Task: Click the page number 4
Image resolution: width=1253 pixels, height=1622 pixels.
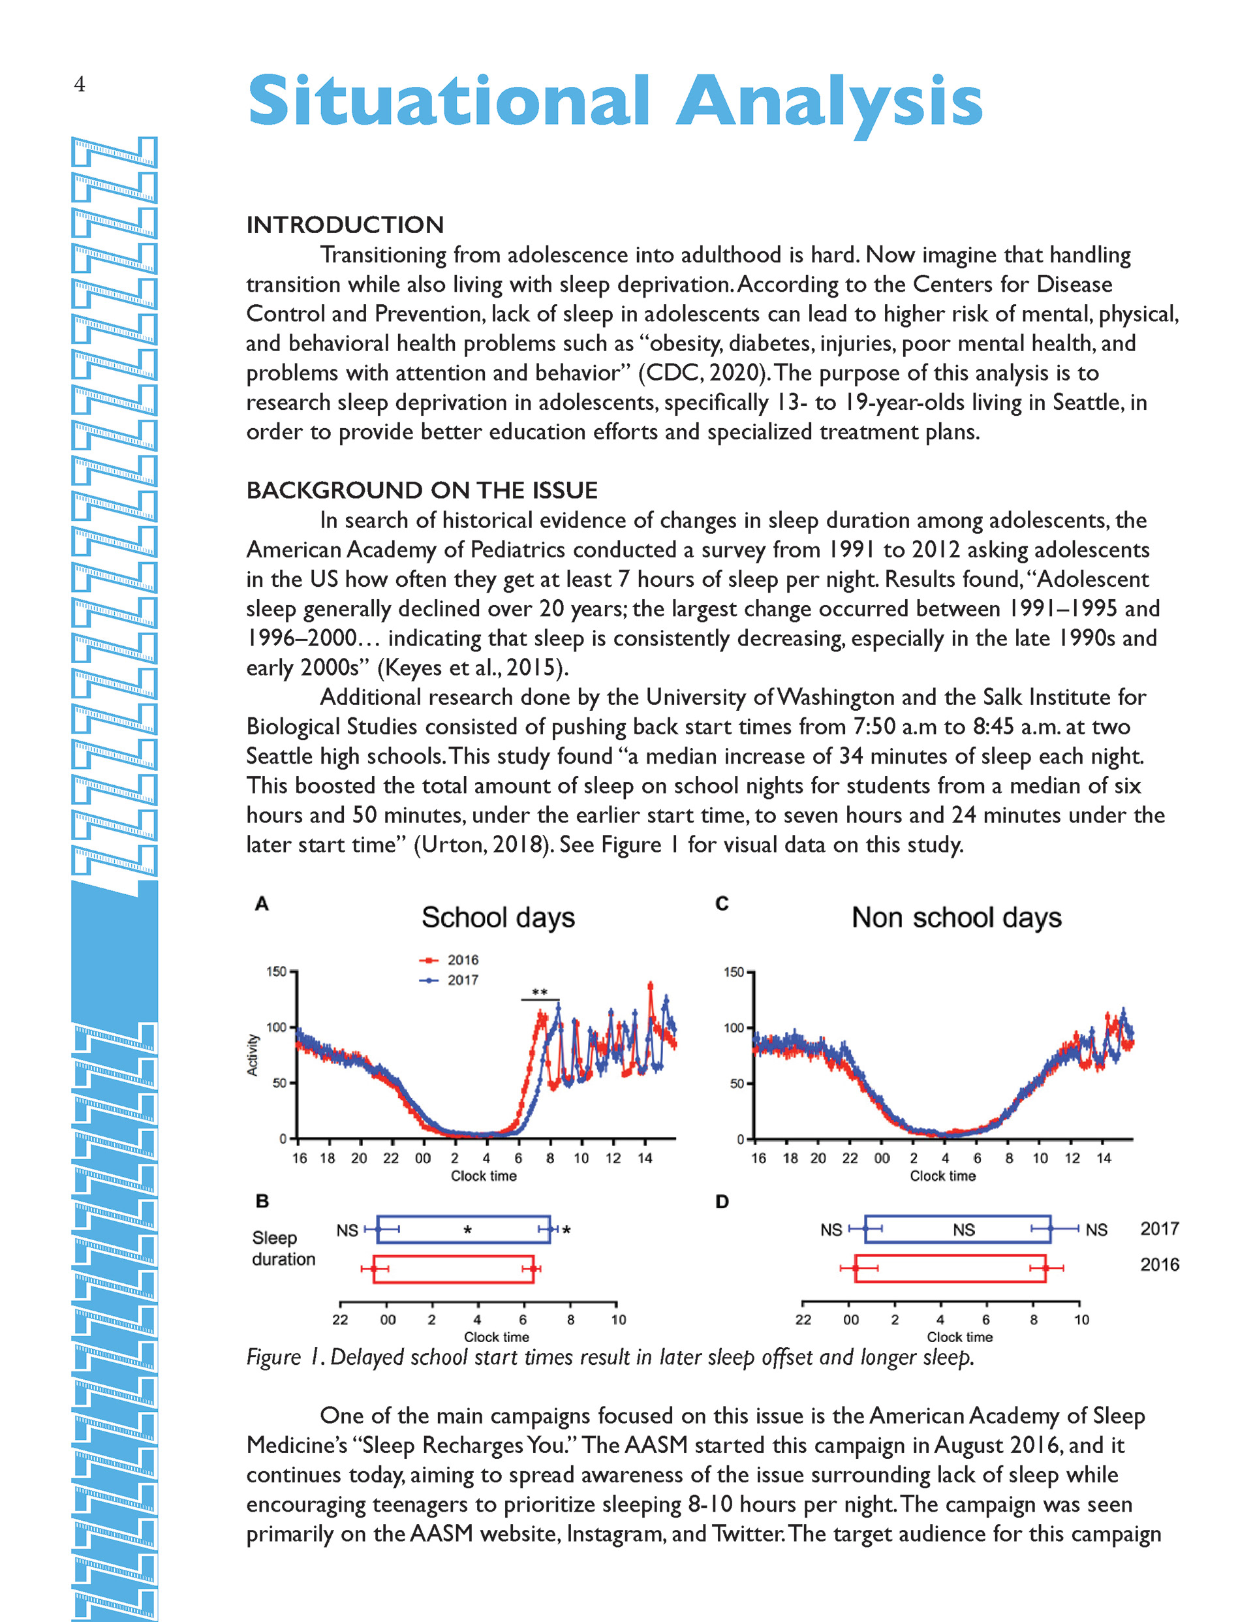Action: pyautogui.click(x=80, y=84)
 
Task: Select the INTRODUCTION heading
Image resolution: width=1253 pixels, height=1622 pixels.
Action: pyautogui.click(x=345, y=225)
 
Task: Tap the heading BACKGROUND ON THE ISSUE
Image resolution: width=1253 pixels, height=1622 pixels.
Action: pyautogui.click(x=421, y=490)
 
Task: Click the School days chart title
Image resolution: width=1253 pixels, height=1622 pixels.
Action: pyautogui.click(x=498, y=917)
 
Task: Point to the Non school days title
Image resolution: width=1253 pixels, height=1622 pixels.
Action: pyautogui.click(x=956, y=917)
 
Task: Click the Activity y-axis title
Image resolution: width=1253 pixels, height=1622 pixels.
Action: pyautogui.click(x=253, y=1055)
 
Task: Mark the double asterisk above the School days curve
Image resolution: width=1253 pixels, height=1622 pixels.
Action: pyautogui.click(x=540, y=992)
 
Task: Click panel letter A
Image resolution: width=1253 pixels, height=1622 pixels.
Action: pyautogui.click(x=262, y=904)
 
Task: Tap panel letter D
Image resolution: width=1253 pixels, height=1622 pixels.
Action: pyautogui.click(x=721, y=1202)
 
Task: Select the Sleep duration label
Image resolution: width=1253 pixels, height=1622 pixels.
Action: pyautogui.click(x=283, y=1249)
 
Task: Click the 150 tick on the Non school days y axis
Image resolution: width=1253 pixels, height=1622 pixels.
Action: pyautogui.click(x=733, y=972)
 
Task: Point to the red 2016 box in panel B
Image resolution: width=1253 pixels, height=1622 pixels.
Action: pyautogui.click(x=453, y=1270)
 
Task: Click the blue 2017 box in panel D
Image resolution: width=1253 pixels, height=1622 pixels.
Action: pyautogui.click(x=957, y=1229)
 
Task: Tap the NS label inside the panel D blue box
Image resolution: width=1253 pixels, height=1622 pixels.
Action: pyautogui.click(x=963, y=1230)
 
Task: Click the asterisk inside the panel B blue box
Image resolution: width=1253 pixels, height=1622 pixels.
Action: pyautogui.click(x=467, y=1230)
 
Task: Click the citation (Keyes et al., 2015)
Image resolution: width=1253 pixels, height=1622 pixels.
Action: pyautogui.click(x=473, y=668)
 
